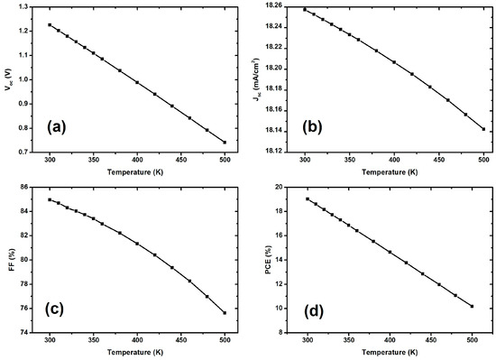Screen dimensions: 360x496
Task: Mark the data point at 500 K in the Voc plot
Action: pyautogui.click(x=225, y=143)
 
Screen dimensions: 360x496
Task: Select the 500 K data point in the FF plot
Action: pyautogui.click(x=225, y=313)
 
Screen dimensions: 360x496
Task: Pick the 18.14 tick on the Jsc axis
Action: pyautogui.click(x=273, y=131)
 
